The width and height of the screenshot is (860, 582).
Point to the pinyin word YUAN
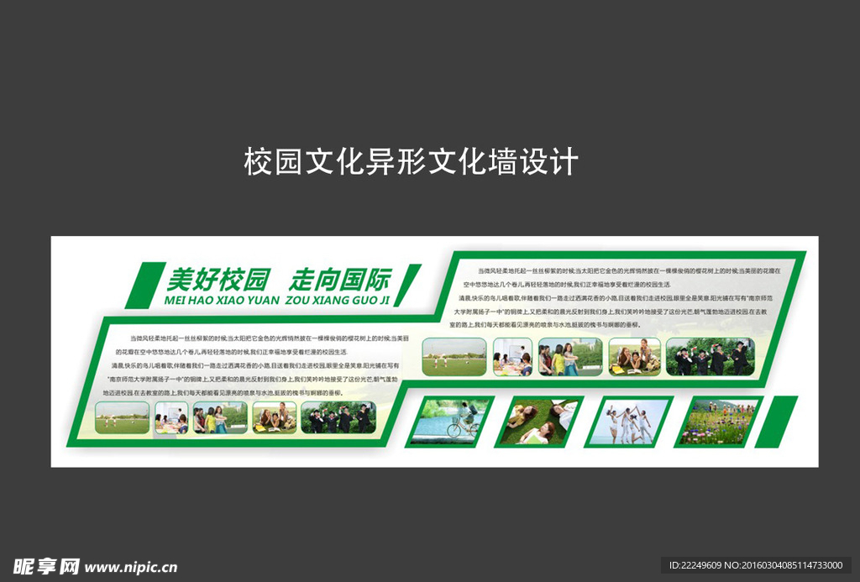[x=260, y=299]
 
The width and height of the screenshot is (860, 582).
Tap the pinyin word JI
[x=385, y=299]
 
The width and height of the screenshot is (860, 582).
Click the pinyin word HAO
[x=205, y=299]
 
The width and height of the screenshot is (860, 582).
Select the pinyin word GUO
[x=366, y=299]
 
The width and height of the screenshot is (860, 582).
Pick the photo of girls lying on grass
[x=540, y=421]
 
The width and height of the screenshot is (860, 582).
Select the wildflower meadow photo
[x=719, y=421]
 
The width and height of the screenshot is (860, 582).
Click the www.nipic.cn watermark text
[x=131, y=568]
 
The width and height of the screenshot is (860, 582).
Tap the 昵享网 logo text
[x=46, y=567]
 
